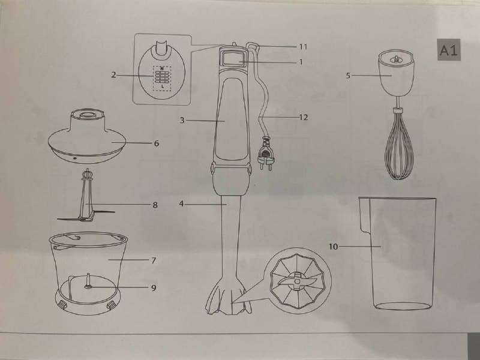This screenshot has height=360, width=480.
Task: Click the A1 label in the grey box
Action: click(449, 50)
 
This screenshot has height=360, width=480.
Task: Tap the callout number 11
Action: click(303, 47)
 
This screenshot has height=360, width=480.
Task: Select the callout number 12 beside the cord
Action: click(304, 117)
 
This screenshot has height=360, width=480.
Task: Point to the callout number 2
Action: click(113, 75)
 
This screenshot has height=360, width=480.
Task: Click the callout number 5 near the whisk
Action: click(348, 76)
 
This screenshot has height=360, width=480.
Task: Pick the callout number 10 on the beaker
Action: click(334, 247)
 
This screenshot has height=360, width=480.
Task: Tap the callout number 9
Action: click(154, 288)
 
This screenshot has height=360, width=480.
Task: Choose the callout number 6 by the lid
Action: click(157, 143)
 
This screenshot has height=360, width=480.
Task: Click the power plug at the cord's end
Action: click(266, 154)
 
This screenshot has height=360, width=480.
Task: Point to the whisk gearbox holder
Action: click(396, 73)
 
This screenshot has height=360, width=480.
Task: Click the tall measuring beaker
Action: click(398, 253)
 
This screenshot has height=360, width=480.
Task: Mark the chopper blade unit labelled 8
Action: click(86, 196)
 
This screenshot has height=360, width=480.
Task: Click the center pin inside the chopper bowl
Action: click(88, 281)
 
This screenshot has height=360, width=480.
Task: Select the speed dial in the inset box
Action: click(162, 77)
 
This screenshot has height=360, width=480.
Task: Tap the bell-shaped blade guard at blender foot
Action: click(229, 296)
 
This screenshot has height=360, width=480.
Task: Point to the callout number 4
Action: click(182, 203)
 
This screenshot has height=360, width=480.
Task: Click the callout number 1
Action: click(301, 62)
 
